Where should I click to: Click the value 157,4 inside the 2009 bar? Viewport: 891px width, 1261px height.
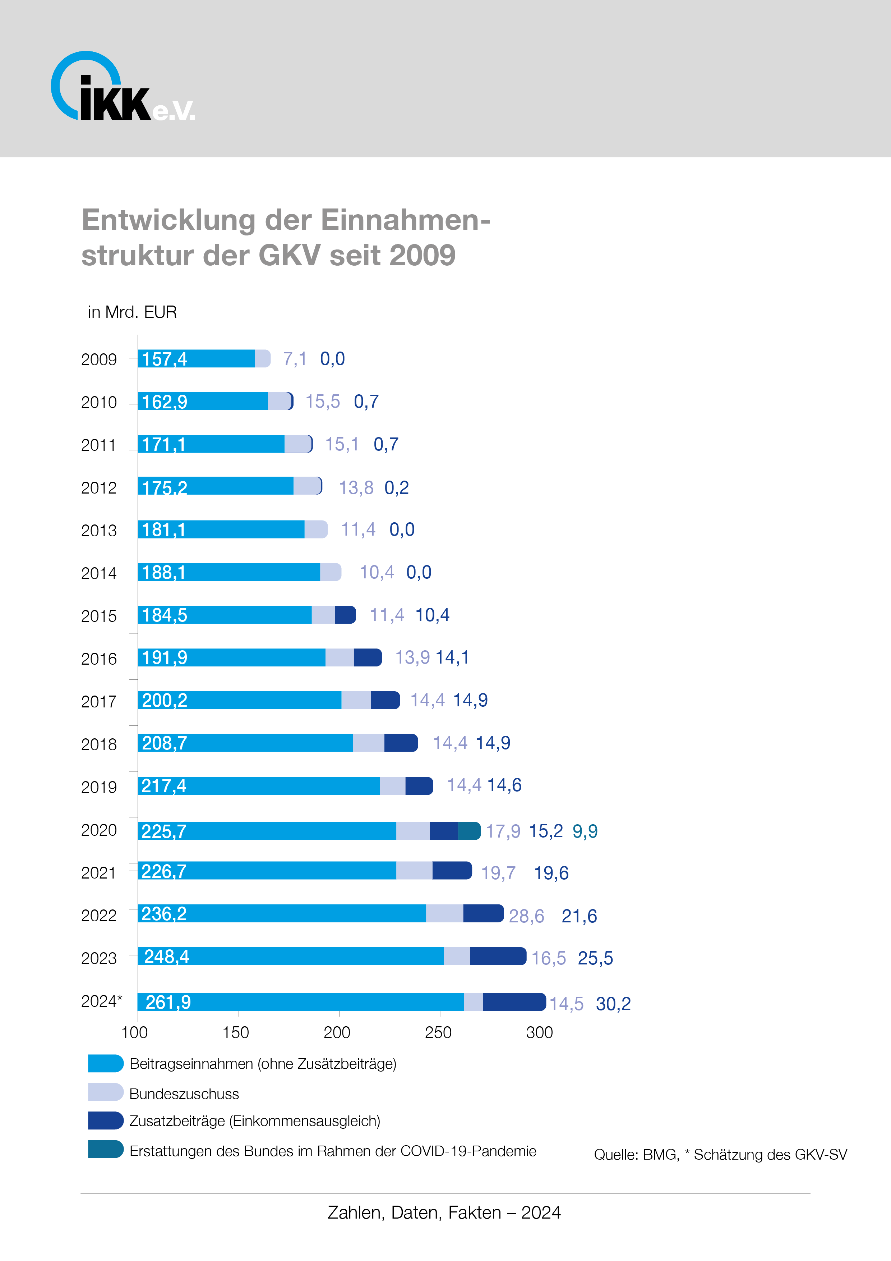[x=164, y=359]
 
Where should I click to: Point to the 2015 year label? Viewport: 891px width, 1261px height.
[x=99, y=616]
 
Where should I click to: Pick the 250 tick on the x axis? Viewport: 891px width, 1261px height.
[x=438, y=1032]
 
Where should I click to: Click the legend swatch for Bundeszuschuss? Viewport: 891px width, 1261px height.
[x=105, y=1092]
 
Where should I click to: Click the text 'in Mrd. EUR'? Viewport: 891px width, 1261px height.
[x=132, y=312]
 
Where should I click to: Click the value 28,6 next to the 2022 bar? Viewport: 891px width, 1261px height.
[x=526, y=916]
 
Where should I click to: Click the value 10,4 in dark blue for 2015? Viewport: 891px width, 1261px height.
[x=432, y=615]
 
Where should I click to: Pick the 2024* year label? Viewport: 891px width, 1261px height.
[x=102, y=1001]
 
